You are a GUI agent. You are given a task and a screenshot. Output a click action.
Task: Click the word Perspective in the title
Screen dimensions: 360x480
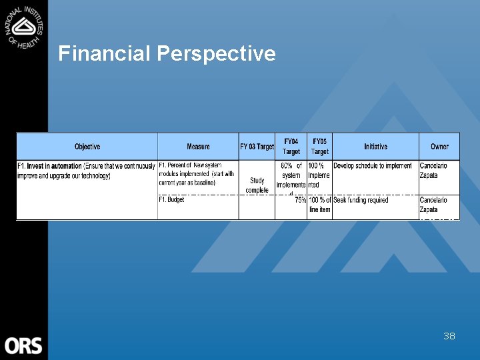click(x=216, y=54)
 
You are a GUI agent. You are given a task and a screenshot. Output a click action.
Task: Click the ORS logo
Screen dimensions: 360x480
click(x=23, y=345)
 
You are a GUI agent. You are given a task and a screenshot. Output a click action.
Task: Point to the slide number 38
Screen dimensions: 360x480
click(x=449, y=336)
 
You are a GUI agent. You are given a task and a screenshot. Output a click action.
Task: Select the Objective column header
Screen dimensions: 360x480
click(x=87, y=147)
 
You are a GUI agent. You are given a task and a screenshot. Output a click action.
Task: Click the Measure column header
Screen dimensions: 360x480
click(x=198, y=147)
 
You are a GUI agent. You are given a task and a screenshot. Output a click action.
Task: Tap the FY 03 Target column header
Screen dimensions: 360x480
click(x=257, y=147)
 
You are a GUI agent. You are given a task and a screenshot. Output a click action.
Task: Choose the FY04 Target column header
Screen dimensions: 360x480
click(x=291, y=147)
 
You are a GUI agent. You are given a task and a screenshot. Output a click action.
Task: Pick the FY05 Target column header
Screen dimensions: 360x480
click(x=319, y=147)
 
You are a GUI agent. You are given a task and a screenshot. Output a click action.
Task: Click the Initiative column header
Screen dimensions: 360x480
click(x=375, y=147)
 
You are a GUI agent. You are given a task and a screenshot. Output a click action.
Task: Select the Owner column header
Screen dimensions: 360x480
click(x=439, y=147)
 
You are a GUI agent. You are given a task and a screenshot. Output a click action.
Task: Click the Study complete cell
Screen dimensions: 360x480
click(x=257, y=185)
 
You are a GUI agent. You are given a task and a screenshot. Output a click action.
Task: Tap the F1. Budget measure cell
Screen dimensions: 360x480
click(x=171, y=200)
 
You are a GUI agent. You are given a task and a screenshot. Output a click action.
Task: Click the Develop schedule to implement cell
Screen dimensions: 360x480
click(x=373, y=166)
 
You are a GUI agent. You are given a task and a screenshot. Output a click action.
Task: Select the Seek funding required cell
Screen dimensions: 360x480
click(x=361, y=200)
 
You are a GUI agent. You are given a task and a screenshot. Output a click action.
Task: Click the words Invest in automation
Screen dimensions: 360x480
click(x=55, y=166)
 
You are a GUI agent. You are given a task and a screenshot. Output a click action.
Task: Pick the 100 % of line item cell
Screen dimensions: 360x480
click(x=319, y=205)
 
